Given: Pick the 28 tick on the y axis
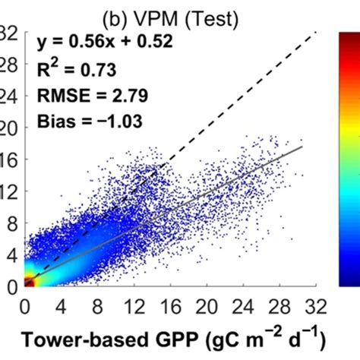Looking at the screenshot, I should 8,66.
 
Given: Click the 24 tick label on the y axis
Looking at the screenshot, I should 8,98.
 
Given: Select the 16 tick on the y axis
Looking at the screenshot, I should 8,161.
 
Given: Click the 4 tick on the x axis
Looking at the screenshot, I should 59,306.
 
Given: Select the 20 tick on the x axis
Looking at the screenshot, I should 204,306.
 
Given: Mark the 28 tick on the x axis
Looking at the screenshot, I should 276,306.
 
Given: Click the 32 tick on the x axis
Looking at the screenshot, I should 311,306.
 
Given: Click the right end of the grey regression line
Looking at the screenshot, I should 302,147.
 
